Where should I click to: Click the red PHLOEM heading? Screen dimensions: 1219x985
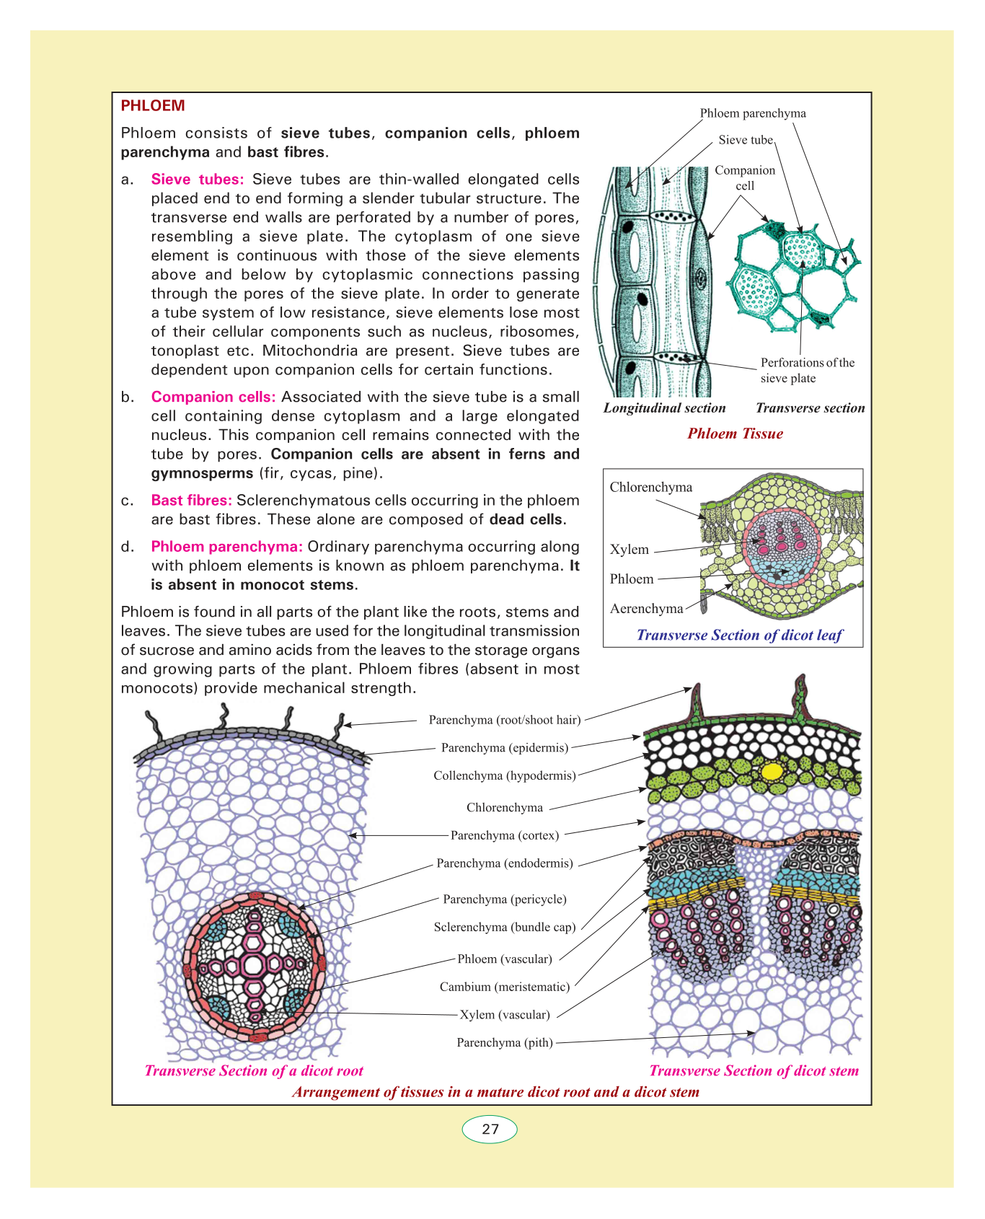pos(153,106)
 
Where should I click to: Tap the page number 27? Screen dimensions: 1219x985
pos(490,1129)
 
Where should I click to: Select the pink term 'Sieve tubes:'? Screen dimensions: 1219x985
pos(198,180)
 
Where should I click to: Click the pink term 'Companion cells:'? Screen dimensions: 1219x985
pos(213,397)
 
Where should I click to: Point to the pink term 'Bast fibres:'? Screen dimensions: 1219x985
pos(191,501)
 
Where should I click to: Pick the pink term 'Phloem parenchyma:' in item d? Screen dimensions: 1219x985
pos(226,547)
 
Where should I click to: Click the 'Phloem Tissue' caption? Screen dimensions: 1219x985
pos(735,434)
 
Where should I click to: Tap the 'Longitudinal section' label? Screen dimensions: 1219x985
pos(664,408)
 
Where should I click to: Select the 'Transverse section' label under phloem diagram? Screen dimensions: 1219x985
pos(810,408)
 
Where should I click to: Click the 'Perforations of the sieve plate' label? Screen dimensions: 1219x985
pos(807,371)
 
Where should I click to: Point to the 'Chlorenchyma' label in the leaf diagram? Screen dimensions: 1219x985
pos(650,488)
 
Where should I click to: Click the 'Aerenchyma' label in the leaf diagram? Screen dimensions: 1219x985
pos(646,609)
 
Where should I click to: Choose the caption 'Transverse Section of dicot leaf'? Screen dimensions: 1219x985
pos(739,635)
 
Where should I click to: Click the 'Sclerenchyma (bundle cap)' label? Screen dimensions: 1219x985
pos(505,928)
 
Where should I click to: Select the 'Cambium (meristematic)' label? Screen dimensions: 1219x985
pos(505,987)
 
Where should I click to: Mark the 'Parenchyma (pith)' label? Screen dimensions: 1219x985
pos(505,1043)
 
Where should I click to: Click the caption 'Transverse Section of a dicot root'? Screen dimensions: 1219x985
pos(254,1071)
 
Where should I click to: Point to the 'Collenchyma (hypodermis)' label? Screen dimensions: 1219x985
pos(505,776)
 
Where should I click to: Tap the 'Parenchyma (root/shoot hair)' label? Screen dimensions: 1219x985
pos(505,720)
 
